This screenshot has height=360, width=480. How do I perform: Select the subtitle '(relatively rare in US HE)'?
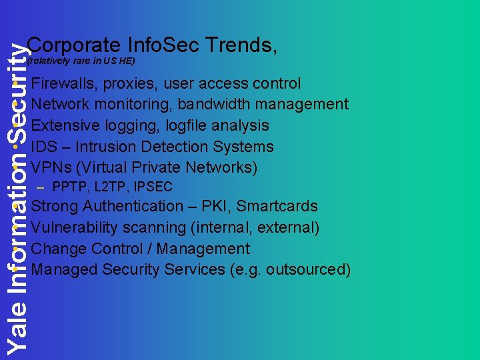(x=81, y=61)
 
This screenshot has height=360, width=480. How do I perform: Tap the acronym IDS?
(x=44, y=147)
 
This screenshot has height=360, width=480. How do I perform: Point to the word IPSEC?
(x=153, y=187)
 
